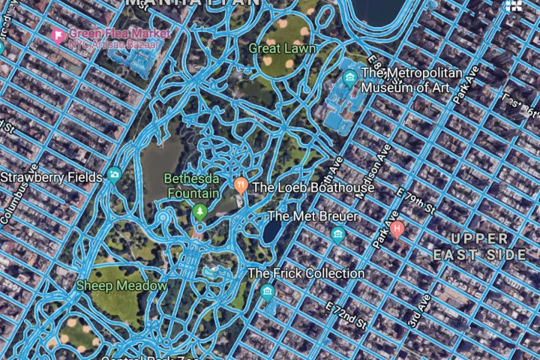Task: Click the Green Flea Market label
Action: pyautogui.click(x=119, y=34)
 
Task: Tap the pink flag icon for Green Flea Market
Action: pyautogui.click(x=57, y=34)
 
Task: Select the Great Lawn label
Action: pyautogui.click(x=283, y=49)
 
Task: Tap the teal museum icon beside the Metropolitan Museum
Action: pyautogui.click(x=349, y=77)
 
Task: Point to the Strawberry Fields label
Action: pyautogui.click(x=51, y=178)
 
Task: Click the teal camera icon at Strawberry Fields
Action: pyautogui.click(x=114, y=175)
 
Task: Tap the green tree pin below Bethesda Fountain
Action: pyautogui.click(x=199, y=212)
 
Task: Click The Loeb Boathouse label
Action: pyautogui.click(x=313, y=187)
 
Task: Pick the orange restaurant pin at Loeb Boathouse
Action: pyautogui.click(x=241, y=184)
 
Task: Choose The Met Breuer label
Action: pyautogui.click(x=313, y=217)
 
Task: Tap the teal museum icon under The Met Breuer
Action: pyautogui.click(x=337, y=235)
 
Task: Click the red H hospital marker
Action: pyautogui.click(x=397, y=229)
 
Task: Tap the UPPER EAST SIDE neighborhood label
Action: pyautogui.click(x=480, y=246)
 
